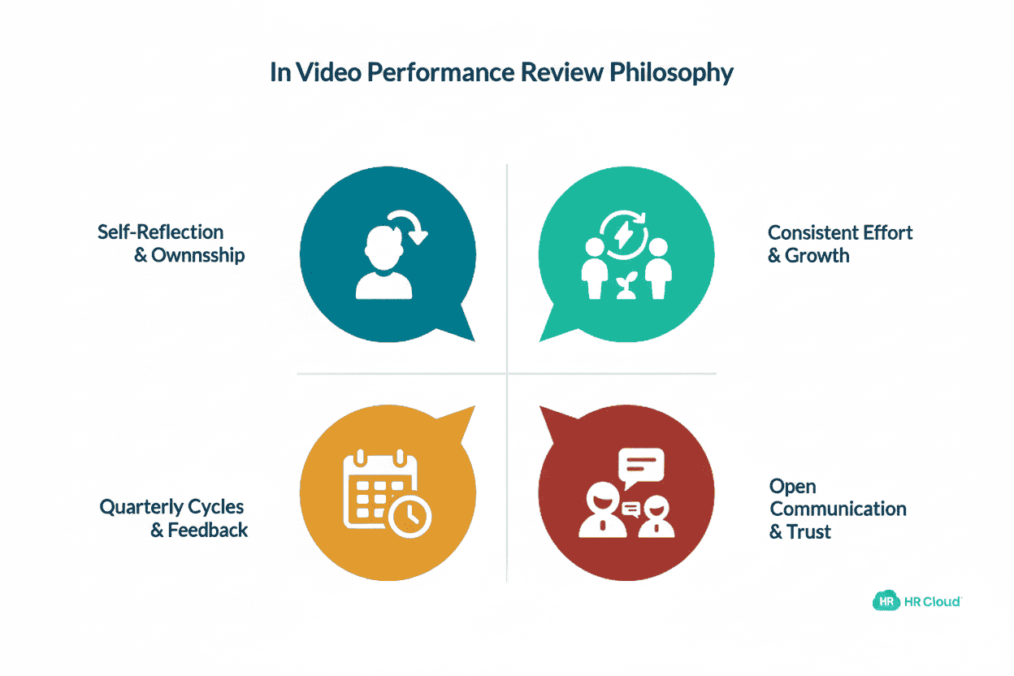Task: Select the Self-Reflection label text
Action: [160, 232]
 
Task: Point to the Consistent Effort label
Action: [840, 232]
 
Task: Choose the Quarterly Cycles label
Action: [171, 507]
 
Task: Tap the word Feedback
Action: [207, 531]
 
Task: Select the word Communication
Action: [838, 509]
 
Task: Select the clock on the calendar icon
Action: [410, 515]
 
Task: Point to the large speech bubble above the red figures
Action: [641, 466]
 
